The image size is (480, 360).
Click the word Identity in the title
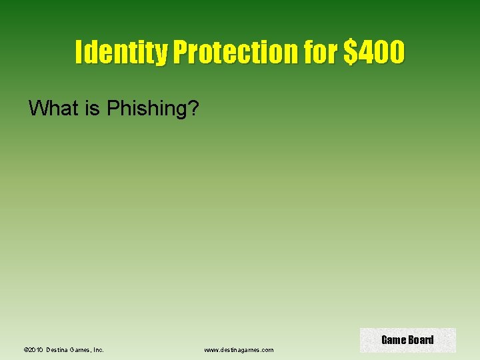[x=121, y=52]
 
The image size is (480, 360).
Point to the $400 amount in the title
[x=374, y=52]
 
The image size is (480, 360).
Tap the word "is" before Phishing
[x=92, y=108]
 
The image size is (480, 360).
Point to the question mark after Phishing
[x=193, y=108]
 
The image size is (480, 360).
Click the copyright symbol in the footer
[x=25, y=349]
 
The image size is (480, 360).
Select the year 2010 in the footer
[x=35, y=349]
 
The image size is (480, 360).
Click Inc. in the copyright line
[x=99, y=349]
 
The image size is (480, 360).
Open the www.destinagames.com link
[x=239, y=349]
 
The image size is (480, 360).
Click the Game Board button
[x=407, y=340]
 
